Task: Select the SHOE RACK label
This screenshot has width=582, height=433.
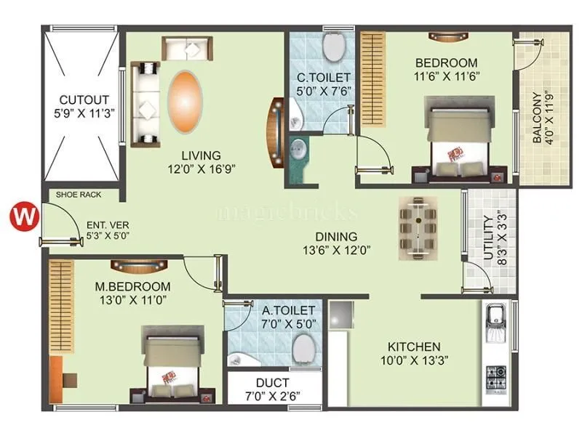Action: pos(79,195)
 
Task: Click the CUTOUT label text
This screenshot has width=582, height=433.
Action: pos(84,100)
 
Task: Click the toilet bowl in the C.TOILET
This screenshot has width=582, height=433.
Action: pos(334,49)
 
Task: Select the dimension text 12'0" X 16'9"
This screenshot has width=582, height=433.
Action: pos(202,169)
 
